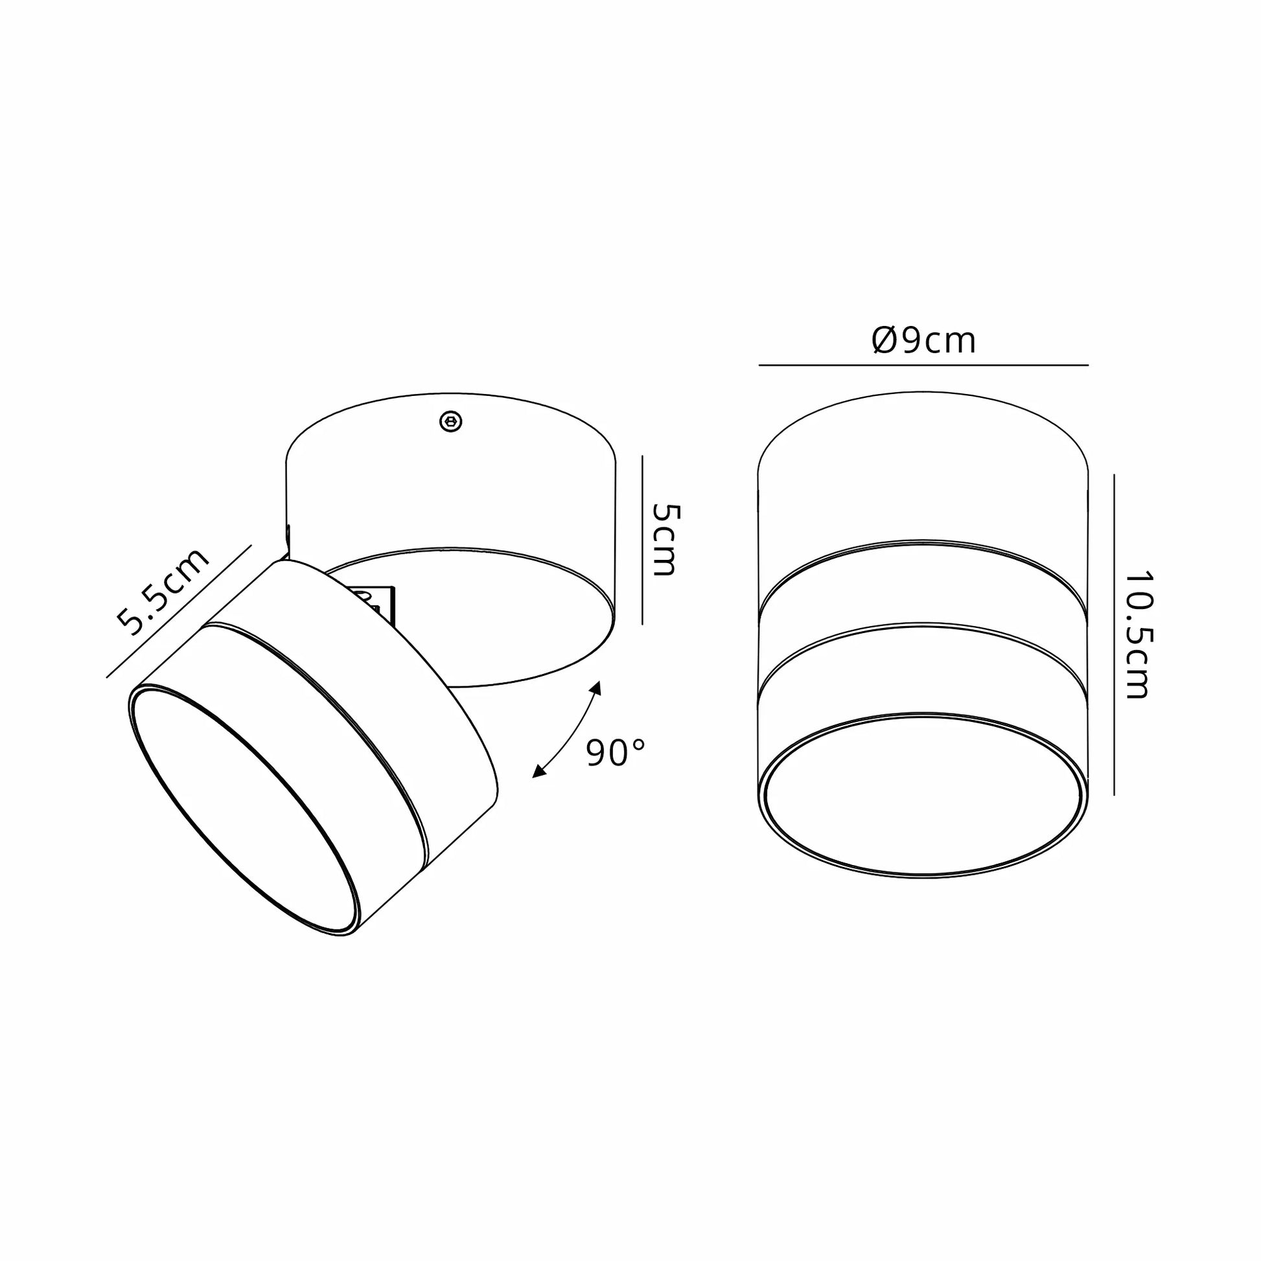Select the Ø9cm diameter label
(x=923, y=340)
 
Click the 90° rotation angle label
(x=616, y=752)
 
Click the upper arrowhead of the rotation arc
(x=596, y=689)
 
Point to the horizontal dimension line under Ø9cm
(x=923, y=365)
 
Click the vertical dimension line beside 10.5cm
(x=1113, y=634)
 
